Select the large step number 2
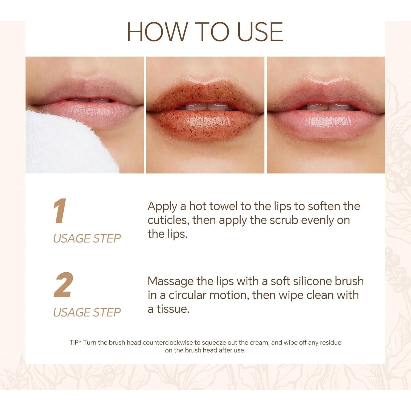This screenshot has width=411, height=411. tap(63, 285)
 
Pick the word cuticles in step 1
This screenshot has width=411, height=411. tap(168, 220)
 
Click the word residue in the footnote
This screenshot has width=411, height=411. tap(330, 342)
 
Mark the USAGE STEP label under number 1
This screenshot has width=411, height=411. tap(87, 238)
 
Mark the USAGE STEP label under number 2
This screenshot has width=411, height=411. tap(87, 312)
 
